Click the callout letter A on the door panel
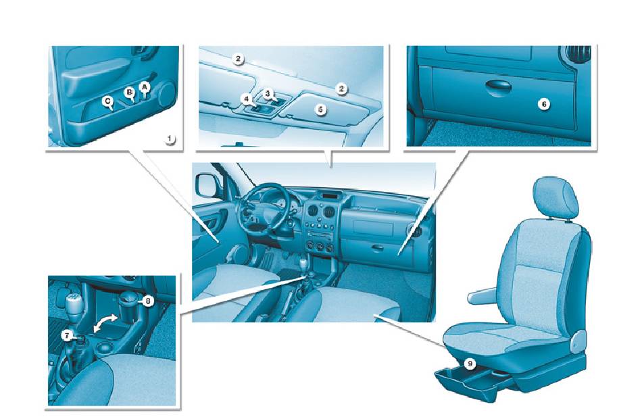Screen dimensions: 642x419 click(144, 87)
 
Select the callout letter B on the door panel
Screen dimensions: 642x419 click(129, 93)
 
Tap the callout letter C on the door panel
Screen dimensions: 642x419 click(107, 101)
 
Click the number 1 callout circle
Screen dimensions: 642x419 click(170, 139)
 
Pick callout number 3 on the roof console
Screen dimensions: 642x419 click(268, 94)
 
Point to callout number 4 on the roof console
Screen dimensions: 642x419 click(247, 99)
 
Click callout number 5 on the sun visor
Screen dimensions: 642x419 click(320, 109)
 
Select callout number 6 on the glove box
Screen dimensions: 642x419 click(544, 105)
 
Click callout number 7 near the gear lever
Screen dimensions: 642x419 click(66, 336)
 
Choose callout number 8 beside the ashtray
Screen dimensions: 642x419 click(147, 301)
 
